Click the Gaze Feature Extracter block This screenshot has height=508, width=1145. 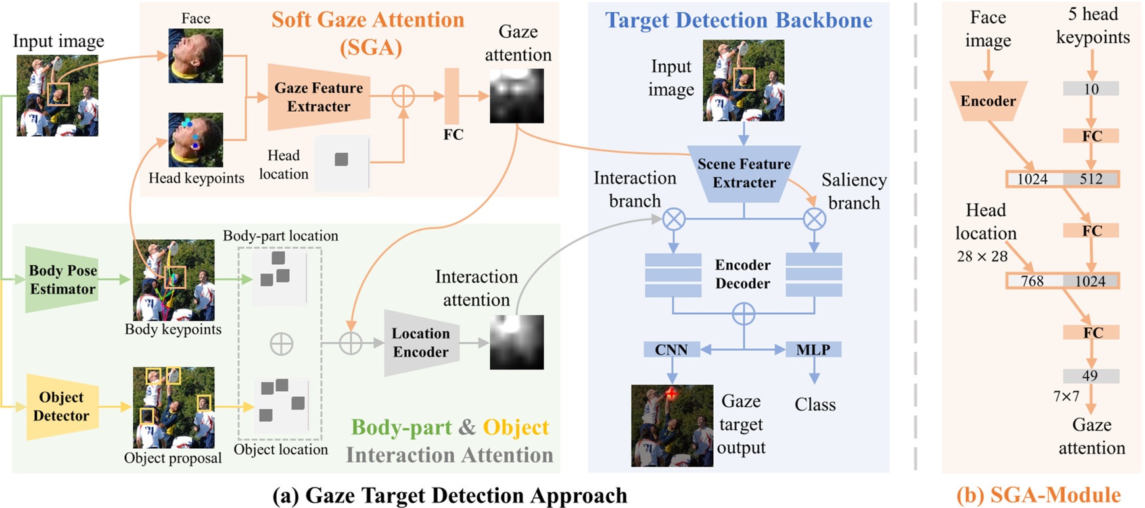(x=319, y=97)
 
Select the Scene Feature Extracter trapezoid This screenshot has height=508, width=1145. (x=743, y=173)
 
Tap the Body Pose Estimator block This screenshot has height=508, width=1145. (x=62, y=280)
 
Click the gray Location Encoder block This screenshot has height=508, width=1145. (x=421, y=342)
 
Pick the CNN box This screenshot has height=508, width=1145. (x=671, y=350)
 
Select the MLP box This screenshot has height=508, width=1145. (x=813, y=350)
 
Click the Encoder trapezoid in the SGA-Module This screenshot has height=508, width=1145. (x=988, y=101)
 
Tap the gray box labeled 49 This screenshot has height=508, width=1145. (x=1090, y=376)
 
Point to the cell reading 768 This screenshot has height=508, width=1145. (x=1033, y=281)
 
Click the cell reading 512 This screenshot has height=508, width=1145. (x=1091, y=179)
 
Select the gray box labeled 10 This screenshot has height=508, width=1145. (x=1091, y=89)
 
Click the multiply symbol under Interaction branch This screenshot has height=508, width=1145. (x=674, y=219)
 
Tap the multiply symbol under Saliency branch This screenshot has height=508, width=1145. (x=814, y=219)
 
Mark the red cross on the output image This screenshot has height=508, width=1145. (x=671, y=394)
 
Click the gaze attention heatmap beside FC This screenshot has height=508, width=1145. (x=517, y=97)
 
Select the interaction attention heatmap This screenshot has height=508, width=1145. (x=517, y=342)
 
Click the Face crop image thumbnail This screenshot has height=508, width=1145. (x=195, y=55)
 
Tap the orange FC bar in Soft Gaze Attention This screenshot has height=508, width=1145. (x=452, y=96)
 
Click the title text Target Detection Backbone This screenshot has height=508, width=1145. (x=739, y=20)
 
